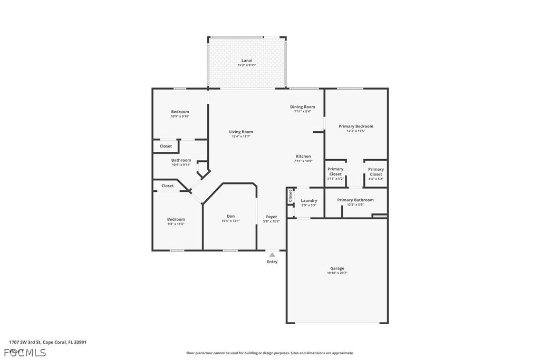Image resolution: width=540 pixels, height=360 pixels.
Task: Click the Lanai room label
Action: (247, 61)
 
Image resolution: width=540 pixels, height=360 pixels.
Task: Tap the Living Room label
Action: (240, 132)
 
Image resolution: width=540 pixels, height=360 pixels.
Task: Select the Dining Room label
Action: (302, 107)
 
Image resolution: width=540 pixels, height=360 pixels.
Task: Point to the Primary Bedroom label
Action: (355, 127)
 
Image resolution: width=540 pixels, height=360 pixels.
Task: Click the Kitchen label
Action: (303, 157)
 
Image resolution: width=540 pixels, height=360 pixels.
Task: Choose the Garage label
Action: (337, 268)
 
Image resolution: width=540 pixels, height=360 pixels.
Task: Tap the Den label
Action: (230, 216)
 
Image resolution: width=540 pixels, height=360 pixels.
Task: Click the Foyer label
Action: (272, 217)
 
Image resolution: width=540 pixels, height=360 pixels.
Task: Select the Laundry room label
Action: (308, 200)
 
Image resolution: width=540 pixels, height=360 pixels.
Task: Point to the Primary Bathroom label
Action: (355, 200)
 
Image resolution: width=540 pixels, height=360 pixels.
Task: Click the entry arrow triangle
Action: (272, 255)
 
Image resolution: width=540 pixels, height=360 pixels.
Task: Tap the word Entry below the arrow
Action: (272, 261)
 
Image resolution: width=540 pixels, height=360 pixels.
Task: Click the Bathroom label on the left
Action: (181, 160)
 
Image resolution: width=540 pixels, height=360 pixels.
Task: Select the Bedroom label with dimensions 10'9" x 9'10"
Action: (180, 112)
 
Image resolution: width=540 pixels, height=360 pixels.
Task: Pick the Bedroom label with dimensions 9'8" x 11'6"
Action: (176, 219)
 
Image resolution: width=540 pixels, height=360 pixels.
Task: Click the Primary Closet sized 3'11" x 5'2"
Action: (335, 172)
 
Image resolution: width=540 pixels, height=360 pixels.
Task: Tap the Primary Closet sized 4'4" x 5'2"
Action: (375, 172)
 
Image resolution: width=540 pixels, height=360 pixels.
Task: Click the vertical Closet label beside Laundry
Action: (291, 196)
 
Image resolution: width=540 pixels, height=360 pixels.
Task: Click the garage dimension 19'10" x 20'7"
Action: (337, 273)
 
